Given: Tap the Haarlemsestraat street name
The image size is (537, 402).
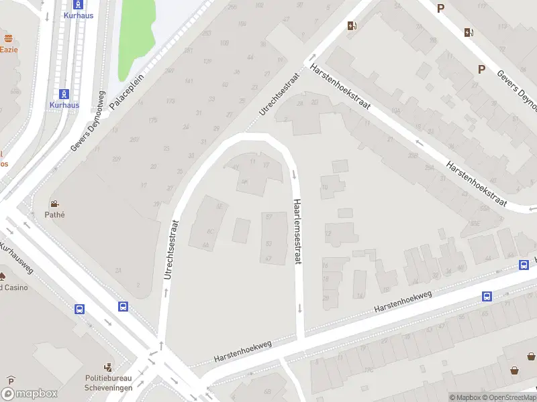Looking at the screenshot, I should pyautogui.click(x=296, y=232).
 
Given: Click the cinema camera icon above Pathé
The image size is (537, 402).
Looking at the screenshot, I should pyautogui.click(x=54, y=204).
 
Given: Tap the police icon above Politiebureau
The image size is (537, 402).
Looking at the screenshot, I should pyautogui.click(x=108, y=366).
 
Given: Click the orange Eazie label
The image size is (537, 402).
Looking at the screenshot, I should pyautogui.click(x=9, y=50).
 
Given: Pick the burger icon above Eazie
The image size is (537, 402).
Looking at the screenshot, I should pyautogui.click(x=9, y=38).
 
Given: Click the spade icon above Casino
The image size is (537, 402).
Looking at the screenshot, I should pyautogui.click(x=3, y=276).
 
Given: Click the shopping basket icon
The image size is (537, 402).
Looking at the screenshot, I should pyautogui.click(x=515, y=369).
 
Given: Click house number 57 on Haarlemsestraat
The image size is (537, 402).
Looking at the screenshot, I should pyautogui.click(x=269, y=217).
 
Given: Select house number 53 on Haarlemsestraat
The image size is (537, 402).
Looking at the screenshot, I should pyautogui.click(x=269, y=244).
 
